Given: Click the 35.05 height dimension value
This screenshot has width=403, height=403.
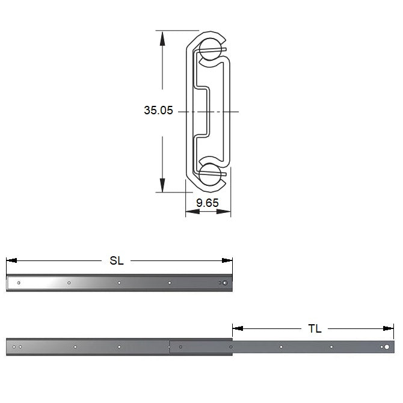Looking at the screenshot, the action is pyautogui.click(x=158, y=110).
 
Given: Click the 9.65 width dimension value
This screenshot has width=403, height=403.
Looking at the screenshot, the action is pyautogui.click(x=208, y=203).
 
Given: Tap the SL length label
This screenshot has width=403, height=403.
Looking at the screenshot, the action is pyautogui.click(x=117, y=260).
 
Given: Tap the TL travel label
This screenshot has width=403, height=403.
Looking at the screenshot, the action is pyautogui.click(x=315, y=329).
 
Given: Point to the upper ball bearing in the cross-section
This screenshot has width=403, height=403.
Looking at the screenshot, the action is pyautogui.click(x=211, y=49).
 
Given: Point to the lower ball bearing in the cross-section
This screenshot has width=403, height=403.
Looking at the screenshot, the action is pyautogui.click(x=211, y=174).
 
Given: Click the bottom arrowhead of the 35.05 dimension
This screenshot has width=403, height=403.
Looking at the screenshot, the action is pyautogui.click(x=162, y=185).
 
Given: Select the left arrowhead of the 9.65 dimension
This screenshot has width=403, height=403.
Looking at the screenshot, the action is pyautogui.click(x=192, y=212).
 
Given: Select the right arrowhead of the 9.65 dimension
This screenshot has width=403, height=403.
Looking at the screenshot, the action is pyautogui.click(x=224, y=212).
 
